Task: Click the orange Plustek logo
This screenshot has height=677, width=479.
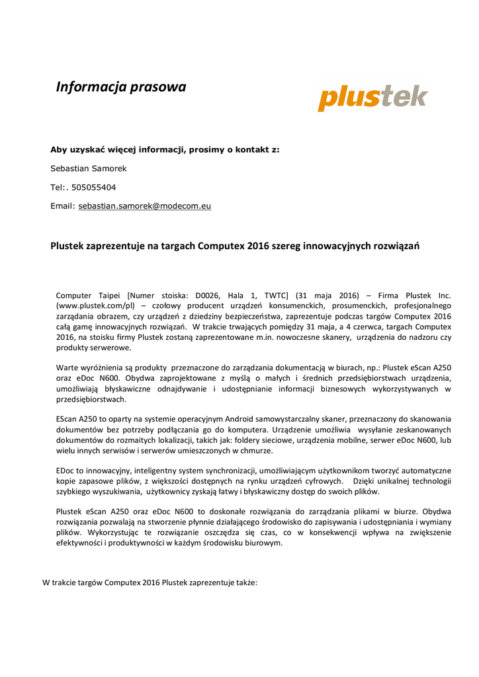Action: (372, 98)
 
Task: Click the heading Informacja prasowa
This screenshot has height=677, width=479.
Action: (121, 87)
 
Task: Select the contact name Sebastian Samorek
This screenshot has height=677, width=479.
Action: (89, 169)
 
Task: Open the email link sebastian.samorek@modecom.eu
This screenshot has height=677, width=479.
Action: (145, 206)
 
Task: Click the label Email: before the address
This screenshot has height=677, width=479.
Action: (63, 206)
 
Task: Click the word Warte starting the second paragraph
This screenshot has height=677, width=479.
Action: (68, 367)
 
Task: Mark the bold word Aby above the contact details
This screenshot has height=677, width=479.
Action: (60, 150)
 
